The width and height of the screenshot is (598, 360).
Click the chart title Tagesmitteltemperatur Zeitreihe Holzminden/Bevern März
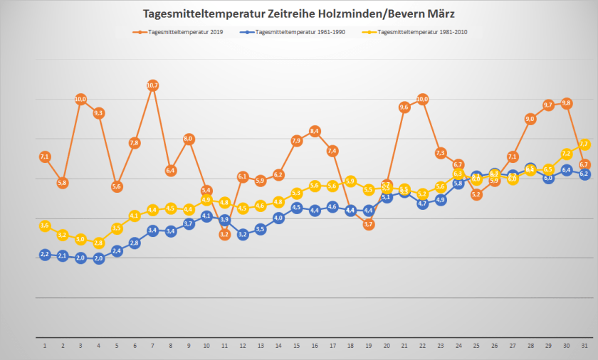click(x=299, y=14)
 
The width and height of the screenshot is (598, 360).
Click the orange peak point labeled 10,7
click(x=152, y=85)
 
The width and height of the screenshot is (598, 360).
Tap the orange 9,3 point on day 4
click(x=98, y=113)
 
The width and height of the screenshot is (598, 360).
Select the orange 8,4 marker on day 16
click(x=315, y=131)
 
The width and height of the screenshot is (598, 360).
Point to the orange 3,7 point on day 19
click(x=369, y=224)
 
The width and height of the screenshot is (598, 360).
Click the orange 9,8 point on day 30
click(x=567, y=103)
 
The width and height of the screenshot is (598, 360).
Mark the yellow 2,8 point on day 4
click(x=98, y=243)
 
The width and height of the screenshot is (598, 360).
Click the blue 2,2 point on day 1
click(x=44, y=254)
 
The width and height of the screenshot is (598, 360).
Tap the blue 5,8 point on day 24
click(x=458, y=184)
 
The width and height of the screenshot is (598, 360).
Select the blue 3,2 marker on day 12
click(x=242, y=234)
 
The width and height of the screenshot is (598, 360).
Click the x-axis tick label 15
click(x=296, y=346)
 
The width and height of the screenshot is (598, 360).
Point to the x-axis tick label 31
click(x=584, y=346)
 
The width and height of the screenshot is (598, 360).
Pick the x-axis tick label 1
click(x=44, y=346)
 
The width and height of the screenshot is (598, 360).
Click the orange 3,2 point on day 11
click(x=224, y=234)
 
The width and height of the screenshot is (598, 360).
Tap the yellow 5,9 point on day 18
click(x=350, y=181)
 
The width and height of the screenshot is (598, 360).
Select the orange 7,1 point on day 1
click(x=44, y=157)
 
